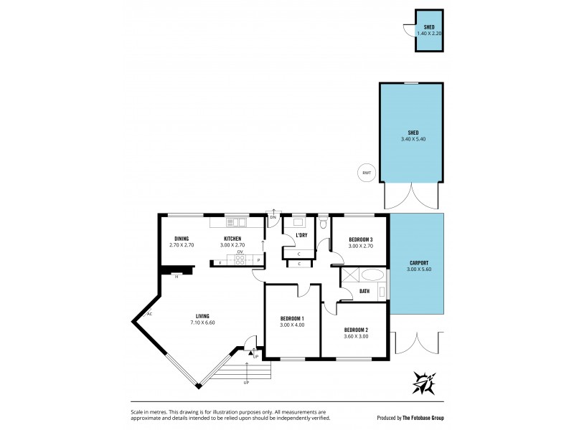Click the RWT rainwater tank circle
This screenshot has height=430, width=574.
(367, 172)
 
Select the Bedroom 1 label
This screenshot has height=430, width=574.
(292, 319)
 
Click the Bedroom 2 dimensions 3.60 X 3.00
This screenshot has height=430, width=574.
(356, 336)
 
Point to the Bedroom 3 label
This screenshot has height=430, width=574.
(361, 239)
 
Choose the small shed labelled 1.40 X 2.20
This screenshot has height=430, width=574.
(429, 30)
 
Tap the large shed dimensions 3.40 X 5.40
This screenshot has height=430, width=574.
(413, 139)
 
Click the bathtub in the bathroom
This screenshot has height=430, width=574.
(372, 275)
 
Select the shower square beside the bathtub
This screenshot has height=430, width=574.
(350, 275)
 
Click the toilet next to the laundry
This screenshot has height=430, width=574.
(324, 223)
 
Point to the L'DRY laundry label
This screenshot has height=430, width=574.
(301, 235)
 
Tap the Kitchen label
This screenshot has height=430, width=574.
(232, 239)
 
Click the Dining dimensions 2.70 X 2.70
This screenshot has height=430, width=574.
(182, 245)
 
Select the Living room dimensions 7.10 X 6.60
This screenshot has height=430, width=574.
(202, 322)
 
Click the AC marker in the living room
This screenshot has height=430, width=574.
(149, 314)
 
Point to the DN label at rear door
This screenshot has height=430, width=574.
(273, 216)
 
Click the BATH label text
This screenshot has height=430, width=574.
(364, 291)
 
